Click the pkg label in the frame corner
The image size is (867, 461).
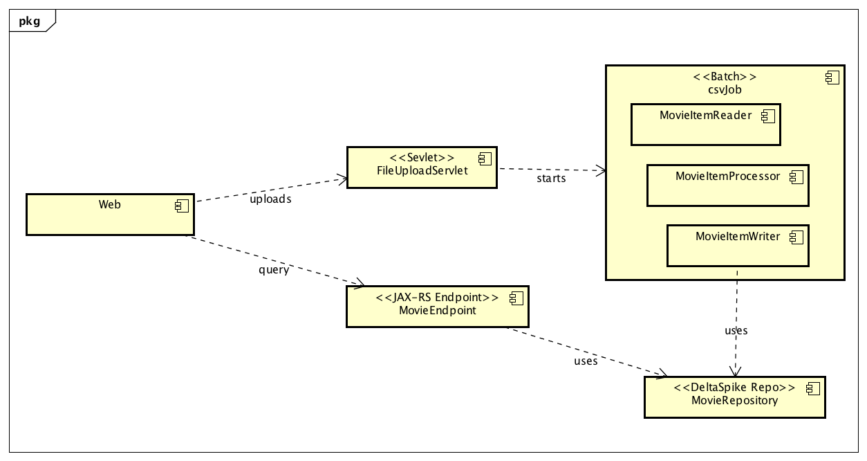point(29,21)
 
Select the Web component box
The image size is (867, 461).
point(109,215)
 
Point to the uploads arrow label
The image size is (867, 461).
point(270,199)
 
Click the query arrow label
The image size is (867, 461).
point(274,269)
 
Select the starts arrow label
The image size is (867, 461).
point(551,179)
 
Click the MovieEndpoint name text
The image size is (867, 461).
point(437,310)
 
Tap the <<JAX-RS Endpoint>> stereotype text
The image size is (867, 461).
point(437,298)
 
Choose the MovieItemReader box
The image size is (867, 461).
point(705,125)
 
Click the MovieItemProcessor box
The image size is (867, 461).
point(727,186)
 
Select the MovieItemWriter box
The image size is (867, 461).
point(737,246)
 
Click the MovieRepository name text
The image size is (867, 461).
point(734,400)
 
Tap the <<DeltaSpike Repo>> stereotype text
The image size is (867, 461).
point(734,387)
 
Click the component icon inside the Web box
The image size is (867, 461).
point(182,205)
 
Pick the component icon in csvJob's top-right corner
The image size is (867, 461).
point(832,78)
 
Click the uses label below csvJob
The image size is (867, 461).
point(736,330)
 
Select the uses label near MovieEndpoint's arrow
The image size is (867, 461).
point(586,361)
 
